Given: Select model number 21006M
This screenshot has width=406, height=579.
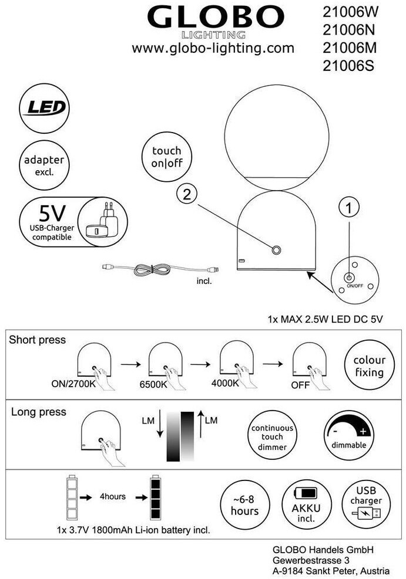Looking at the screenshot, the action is [x=350, y=48].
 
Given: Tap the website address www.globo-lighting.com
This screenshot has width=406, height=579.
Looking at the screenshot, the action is [x=213, y=48].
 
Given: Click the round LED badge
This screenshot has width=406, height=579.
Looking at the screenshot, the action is [x=45, y=108].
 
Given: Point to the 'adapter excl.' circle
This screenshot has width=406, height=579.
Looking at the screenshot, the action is [x=45, y=165].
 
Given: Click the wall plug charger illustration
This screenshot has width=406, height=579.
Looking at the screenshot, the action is [x=102, y=221].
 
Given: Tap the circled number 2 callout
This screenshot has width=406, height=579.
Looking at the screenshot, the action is [x=187, y=194].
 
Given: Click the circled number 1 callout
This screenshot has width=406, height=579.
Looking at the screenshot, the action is [x=349, y=208].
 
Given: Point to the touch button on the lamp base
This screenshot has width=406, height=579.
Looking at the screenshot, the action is [x=276, y=250].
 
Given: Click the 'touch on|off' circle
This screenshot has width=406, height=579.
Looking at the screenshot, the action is [x=167, y=157].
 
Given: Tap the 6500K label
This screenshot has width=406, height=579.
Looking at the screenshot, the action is [x=153, y=384].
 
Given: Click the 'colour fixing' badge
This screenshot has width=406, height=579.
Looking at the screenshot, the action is [x=370, y=365].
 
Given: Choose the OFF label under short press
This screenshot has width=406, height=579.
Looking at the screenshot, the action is [x=300, y=385].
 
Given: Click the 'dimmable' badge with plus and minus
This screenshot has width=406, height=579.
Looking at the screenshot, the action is [x=348, y=435].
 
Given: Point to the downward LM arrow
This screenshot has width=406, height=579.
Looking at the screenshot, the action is [x=160, y=423].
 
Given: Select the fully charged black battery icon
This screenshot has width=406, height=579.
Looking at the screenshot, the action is [x=155, y=497].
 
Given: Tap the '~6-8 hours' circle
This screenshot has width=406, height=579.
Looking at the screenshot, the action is [x=245, y=505].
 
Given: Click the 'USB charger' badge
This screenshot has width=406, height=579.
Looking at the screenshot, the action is [x=366, y=505].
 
